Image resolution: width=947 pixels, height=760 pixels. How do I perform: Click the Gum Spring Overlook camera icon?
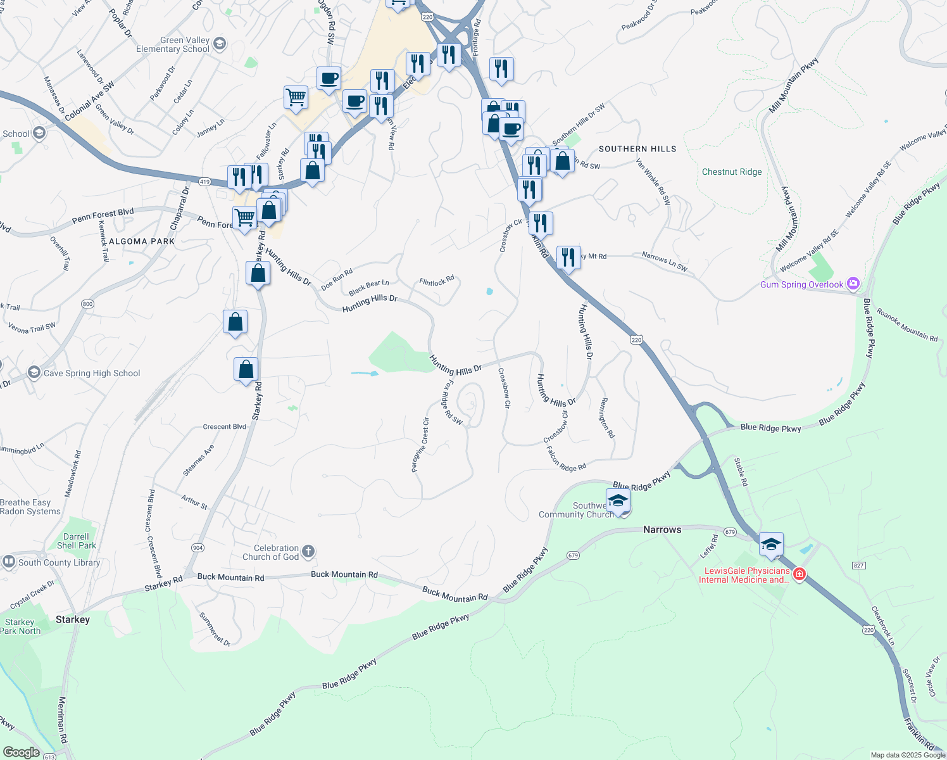coord(853,284)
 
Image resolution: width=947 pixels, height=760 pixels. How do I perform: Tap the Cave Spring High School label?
coord(92,374)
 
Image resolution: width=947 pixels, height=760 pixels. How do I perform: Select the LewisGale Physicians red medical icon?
coord(800,574)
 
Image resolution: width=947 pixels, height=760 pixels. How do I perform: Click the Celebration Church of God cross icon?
coord(308,552)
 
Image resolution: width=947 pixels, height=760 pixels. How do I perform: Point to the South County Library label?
coord(59,562)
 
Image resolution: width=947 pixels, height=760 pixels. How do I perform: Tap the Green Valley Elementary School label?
coord(172,44)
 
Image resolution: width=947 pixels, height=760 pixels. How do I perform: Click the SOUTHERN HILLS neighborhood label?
coord(637,149)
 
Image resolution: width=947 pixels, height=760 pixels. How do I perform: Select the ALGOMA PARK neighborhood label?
coord(142,241)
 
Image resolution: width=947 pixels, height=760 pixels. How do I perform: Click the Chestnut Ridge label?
coord(732,172)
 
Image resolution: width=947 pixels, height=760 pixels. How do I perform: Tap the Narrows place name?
coord(662,529)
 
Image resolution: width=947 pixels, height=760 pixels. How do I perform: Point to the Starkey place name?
coord(73,619)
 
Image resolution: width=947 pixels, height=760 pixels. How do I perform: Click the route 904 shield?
coord(198,548)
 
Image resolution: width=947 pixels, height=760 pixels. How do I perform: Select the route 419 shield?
coord(204,182)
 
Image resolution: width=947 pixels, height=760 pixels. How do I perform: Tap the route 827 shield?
coord(858,566)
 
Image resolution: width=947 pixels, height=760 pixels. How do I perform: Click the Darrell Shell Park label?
coord(77,541)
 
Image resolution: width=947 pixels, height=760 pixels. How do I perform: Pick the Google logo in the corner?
coord(21,752)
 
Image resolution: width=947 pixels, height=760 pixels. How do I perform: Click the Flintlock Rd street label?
coord(437,281)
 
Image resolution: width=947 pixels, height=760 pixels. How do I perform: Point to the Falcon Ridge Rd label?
coord(566,460)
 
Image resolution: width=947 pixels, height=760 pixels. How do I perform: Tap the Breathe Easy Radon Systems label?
coord(30,507)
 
